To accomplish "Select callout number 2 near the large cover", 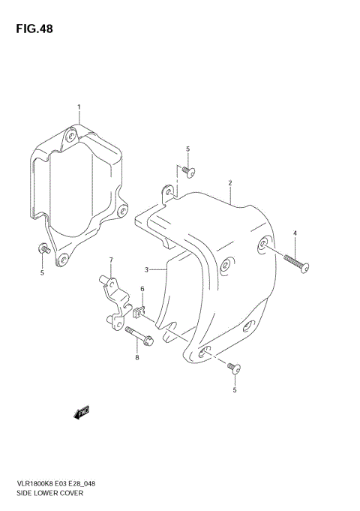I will click(230, 182).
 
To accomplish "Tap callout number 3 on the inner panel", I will click(148, 269).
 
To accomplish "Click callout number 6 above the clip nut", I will click(142, 290).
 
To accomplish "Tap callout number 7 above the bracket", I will click(110, 260).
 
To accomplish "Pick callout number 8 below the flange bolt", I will click(137, 357).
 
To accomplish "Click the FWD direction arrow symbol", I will click(81, 410).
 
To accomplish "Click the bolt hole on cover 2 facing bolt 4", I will click(263, 245).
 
